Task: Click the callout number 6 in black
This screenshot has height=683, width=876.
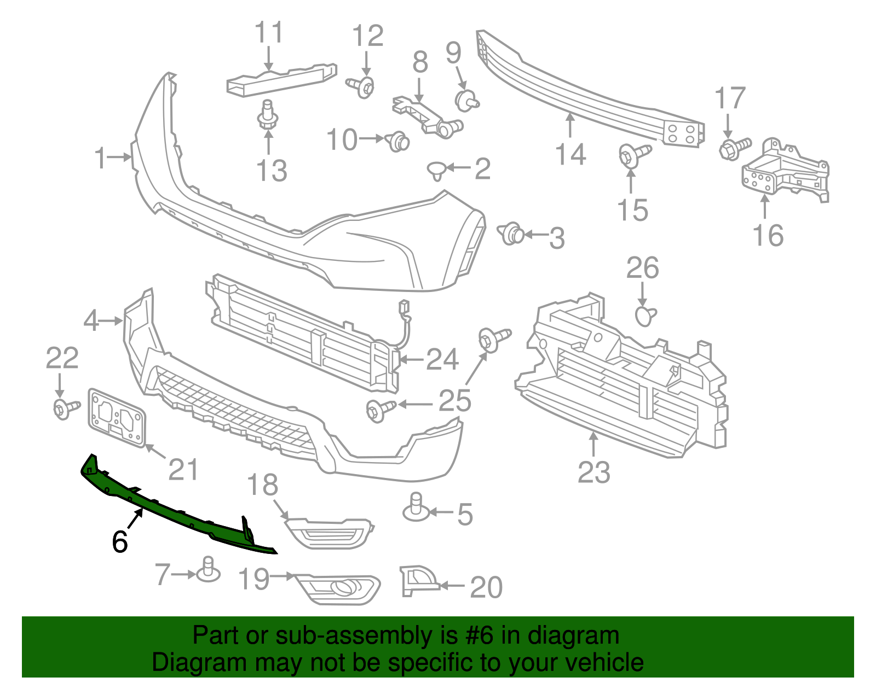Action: coord(120,541)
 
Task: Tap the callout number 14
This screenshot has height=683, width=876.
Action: coord(570,155)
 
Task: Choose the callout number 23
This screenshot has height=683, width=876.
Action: coord(593,472)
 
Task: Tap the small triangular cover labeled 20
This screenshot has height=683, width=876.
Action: coord(417,581)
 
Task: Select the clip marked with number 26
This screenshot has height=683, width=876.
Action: coord(646,316)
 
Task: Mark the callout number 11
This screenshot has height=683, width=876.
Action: coord(269,32)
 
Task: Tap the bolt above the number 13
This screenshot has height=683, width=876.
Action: coord(268,115)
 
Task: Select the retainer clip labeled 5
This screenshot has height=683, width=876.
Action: coord(416,507)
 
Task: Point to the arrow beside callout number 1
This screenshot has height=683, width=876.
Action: coord(119,157)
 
